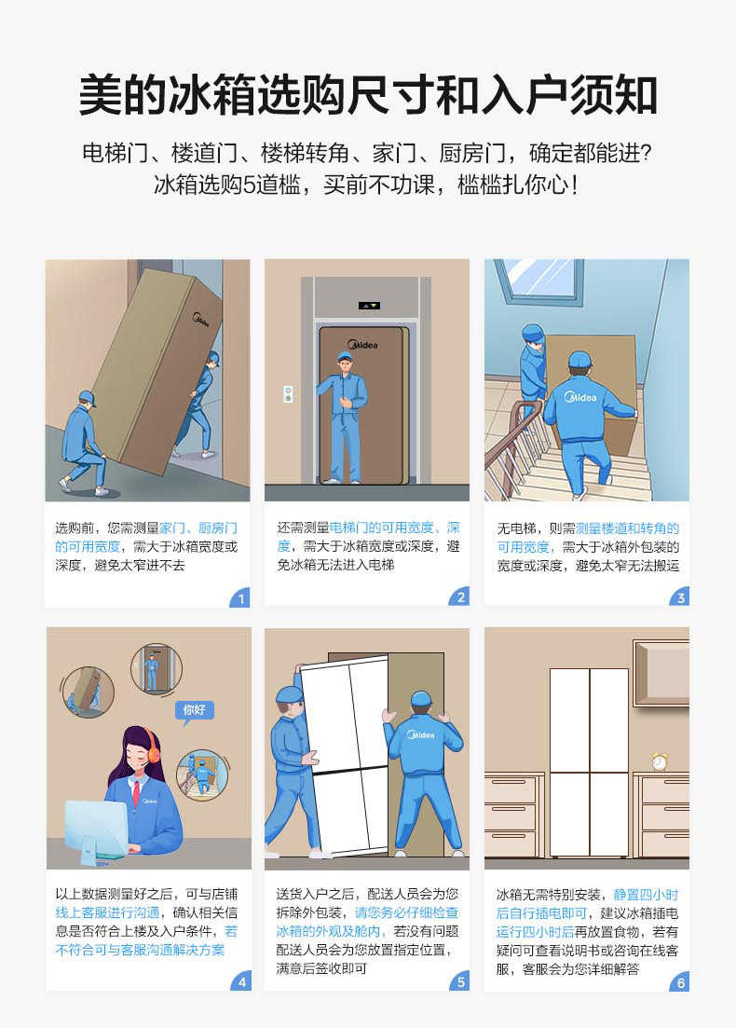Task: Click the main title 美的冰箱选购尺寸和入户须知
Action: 368,95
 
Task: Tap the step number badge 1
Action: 240,598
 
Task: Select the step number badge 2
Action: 460,598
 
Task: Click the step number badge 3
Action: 680,598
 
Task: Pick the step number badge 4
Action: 240,981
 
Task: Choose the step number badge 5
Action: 460,981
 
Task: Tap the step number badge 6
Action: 680,981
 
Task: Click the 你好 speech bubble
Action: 195,710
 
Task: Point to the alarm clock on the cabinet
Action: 660,761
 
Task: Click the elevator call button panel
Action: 288,392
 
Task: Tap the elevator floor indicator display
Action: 370,305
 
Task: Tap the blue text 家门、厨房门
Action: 198,528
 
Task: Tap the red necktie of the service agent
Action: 135,793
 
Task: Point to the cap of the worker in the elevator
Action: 345,357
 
